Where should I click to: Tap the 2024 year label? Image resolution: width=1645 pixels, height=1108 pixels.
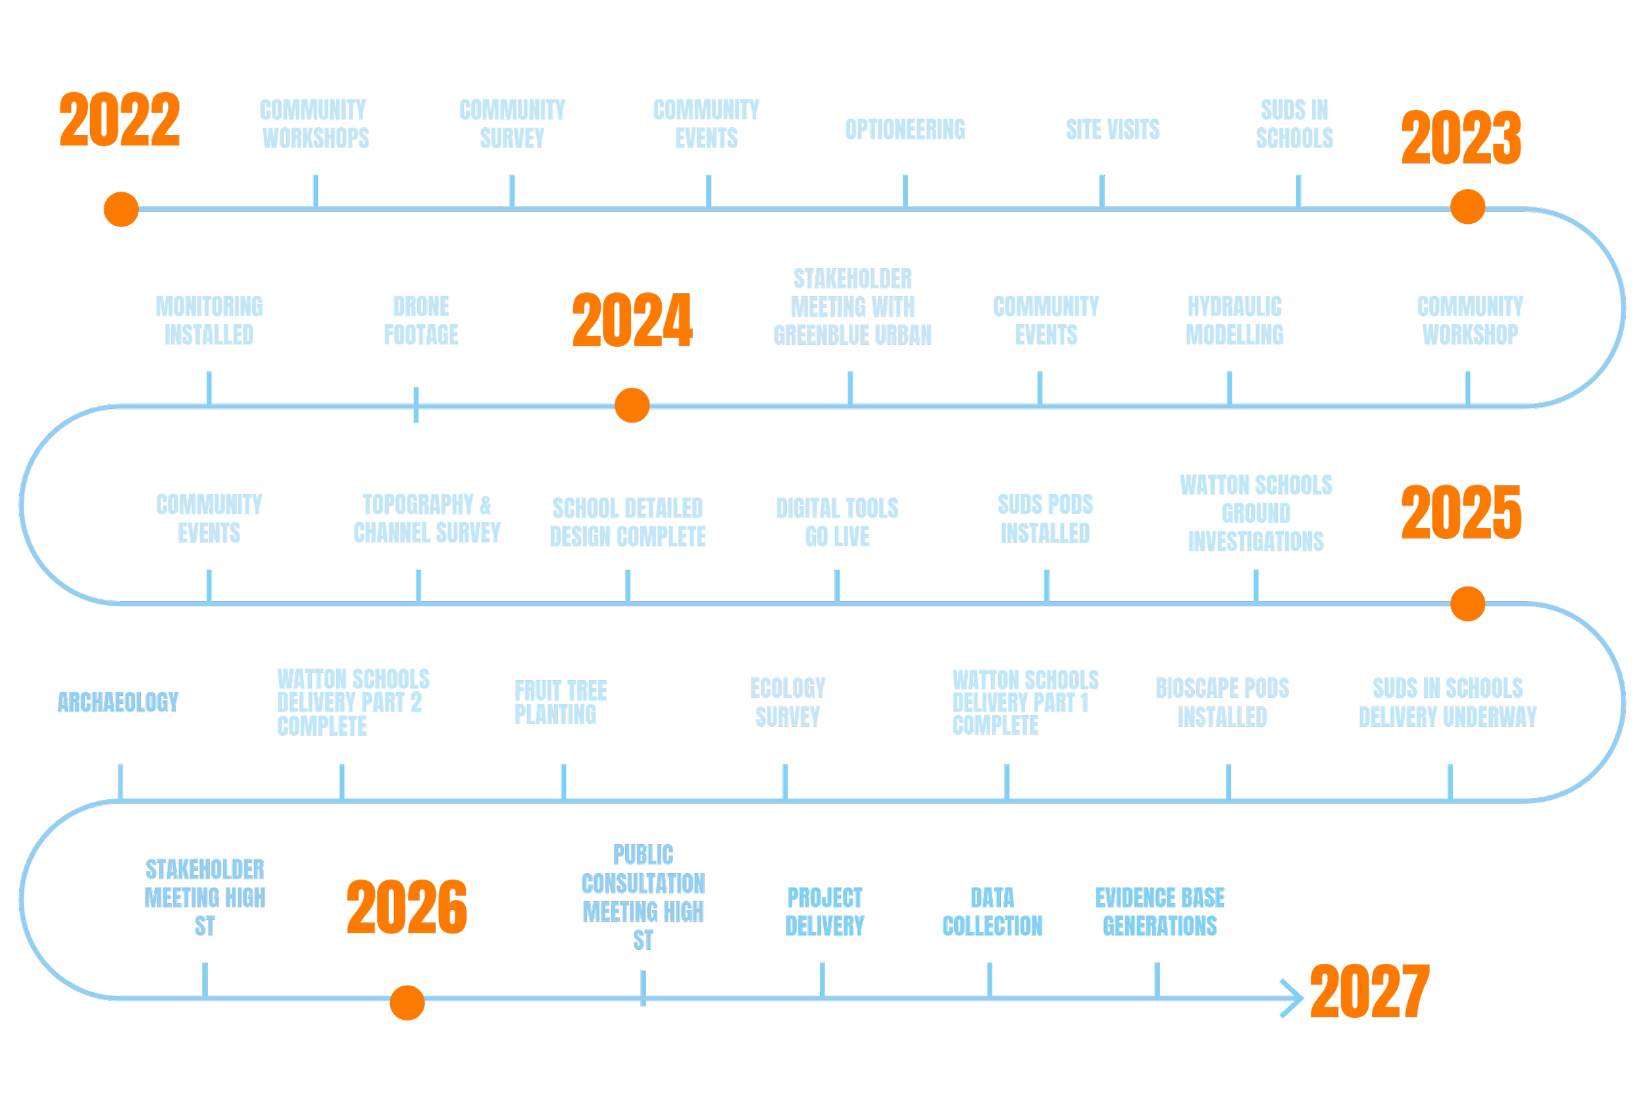(x=632, y=321)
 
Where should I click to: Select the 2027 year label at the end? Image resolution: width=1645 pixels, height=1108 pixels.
(x=1369, y=992)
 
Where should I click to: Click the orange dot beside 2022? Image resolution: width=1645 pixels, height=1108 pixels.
(x=121, y=209)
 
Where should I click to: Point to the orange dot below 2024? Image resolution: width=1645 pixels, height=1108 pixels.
(x=632, y=405)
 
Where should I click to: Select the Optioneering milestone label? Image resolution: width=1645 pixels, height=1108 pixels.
(x=905, y=133)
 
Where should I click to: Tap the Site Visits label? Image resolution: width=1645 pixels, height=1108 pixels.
(x=1113, y=133)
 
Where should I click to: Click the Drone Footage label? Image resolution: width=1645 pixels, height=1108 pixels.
(x=421, y=321)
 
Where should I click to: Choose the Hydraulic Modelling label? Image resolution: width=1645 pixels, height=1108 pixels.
(x=1234, y=321)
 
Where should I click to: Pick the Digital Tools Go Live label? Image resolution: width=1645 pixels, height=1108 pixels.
(x=837, y=522)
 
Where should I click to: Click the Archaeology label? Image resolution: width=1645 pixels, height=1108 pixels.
(x=118, y=702)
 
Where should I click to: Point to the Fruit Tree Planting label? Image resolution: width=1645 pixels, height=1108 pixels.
(x=561, y=702)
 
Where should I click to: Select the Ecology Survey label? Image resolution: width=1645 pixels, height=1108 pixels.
(x=788, y=702)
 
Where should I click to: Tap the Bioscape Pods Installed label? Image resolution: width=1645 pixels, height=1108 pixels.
(x=1222, y=702)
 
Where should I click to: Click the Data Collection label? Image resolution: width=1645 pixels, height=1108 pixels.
(x=992, y=912)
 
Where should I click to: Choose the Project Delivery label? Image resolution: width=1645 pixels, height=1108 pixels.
(x=825, y=912)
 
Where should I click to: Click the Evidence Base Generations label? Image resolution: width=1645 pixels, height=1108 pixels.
(x=1160, y=912)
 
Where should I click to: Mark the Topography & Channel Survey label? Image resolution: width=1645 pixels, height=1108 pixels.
(x=426, y=519)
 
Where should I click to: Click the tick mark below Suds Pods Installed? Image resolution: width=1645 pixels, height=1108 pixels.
(x=1047, y=586)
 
